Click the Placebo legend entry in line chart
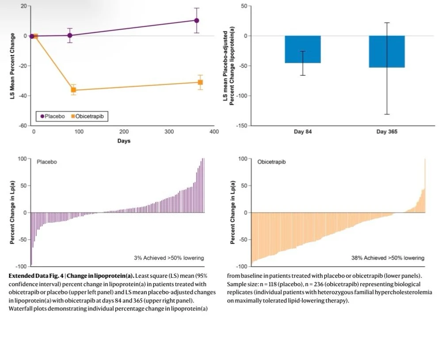(x=53, y=116)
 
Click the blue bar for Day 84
(x=303, y=49)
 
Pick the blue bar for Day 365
(x=387, y=51)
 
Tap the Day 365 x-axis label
(x=387, y=132)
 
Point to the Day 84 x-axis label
(x=303, y=132)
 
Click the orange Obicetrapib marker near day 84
(x=73, y=90)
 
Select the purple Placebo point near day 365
(x=196, y=20)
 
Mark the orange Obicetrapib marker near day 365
(x=200, y=82)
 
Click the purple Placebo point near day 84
(x=70, y=35)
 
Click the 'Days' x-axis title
(x=123, y=141)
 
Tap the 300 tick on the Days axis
(x=169, y=132)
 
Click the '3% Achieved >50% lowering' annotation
(x=169, y=258)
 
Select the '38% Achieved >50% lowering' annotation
(x=388, y=258)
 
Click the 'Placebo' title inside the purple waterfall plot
(x=47, y=162)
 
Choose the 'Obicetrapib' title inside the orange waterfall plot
(x=272, y=162)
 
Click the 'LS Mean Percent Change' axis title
(x=13, y=65)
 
